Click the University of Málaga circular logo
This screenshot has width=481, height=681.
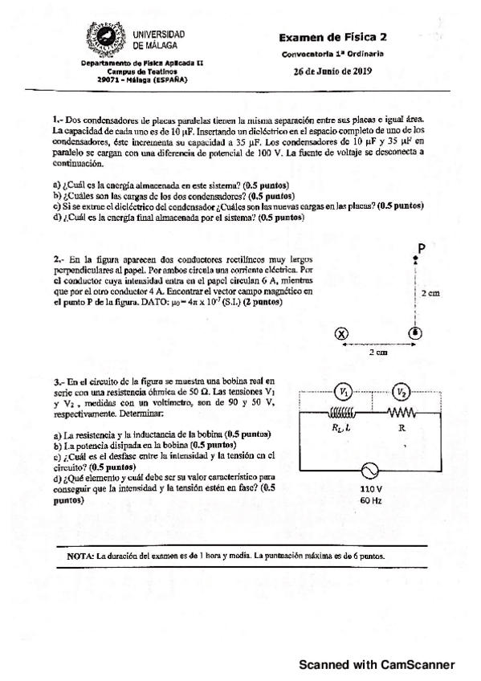tap(104, 41)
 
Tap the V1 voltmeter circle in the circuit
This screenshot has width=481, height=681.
tap(344, 392)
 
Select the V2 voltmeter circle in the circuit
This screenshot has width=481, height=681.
tap(402, 392)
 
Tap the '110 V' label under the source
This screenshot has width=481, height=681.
tap(371, 489)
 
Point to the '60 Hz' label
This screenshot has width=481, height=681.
tap(371, 500)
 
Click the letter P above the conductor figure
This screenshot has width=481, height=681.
tap(421, 249)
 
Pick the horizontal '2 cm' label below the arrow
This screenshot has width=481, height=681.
tap(377, 353)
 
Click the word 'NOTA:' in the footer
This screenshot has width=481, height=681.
tap(81, 555)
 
